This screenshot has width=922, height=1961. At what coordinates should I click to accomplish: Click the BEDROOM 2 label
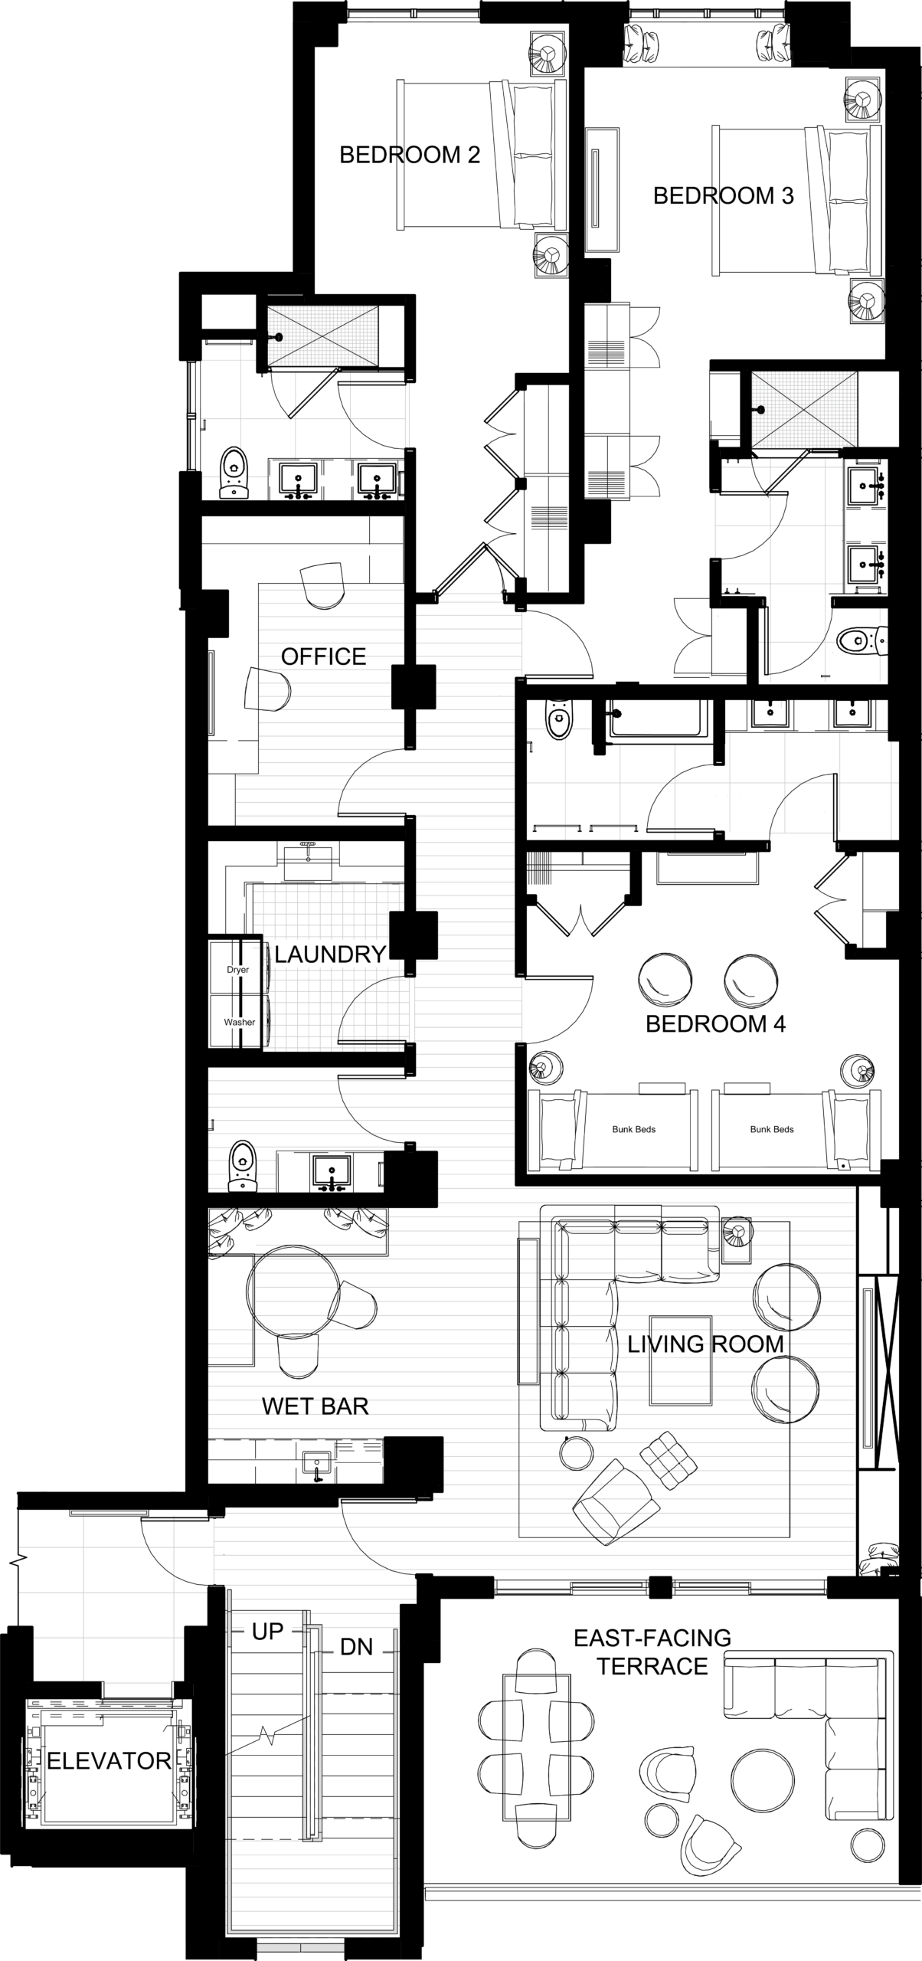click(x=410, y=156)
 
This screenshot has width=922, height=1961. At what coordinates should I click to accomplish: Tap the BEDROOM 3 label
click(x=723, y=196)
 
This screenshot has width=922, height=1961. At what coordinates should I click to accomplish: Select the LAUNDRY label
click(x=329, y=954)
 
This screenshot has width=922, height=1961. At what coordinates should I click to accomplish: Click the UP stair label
click(x=267, y=1632)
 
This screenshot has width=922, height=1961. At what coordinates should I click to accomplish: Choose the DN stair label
click(x=356, y=1647)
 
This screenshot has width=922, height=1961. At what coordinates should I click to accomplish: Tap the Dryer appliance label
click(x=237, y=970)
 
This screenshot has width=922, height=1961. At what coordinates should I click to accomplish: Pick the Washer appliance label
click(x=237, y=1022)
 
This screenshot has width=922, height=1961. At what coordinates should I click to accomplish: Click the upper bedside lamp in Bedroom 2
click(x=548, y=54)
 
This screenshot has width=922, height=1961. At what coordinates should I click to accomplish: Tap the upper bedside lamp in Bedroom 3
click(x=865, y=99)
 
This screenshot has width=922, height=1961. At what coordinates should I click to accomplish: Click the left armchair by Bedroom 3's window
click(x=642, y=43)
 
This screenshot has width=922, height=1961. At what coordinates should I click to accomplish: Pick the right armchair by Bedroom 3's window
click(x=773, y=43)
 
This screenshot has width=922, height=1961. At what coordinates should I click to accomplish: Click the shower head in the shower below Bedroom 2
click(x=279, y=337)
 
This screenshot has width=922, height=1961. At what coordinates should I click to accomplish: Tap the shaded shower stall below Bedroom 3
click(x=804, y=409)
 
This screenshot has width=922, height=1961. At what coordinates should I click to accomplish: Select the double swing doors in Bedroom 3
click(x=645, y=337)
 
